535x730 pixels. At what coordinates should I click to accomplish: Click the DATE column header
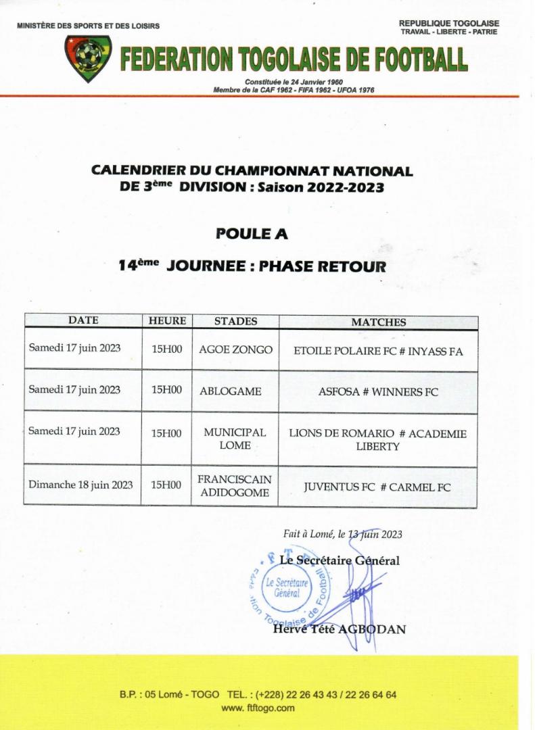(83, 320)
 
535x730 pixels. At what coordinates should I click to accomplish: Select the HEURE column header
(167, 322)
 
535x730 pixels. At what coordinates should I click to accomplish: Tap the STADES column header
(235, 322)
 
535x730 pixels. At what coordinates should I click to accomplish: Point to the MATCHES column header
(378, 322)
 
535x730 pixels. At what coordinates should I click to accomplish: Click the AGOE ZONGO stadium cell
(235, 350)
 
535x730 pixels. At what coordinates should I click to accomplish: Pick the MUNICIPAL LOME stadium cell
(235, 439)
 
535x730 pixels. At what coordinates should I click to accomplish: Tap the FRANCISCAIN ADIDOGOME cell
(235, 485)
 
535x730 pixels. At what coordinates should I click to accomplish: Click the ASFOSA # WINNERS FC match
(378, 391)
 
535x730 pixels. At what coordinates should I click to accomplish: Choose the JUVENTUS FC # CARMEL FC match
(377, 486)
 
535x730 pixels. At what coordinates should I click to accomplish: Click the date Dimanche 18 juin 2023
(80, 485)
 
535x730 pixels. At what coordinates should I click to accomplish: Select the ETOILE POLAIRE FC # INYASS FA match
(378, 351)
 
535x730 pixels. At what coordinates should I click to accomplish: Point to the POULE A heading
(252, 234)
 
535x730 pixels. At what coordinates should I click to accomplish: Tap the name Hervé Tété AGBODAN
(339, 629)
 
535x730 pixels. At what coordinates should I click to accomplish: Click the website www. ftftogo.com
(258, 708)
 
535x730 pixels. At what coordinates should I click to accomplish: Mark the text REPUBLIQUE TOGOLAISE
(449, 24)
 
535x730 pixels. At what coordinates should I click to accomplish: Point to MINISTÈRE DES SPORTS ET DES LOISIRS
(89, 26)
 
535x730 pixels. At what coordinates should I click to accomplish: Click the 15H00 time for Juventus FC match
(166, 485)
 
